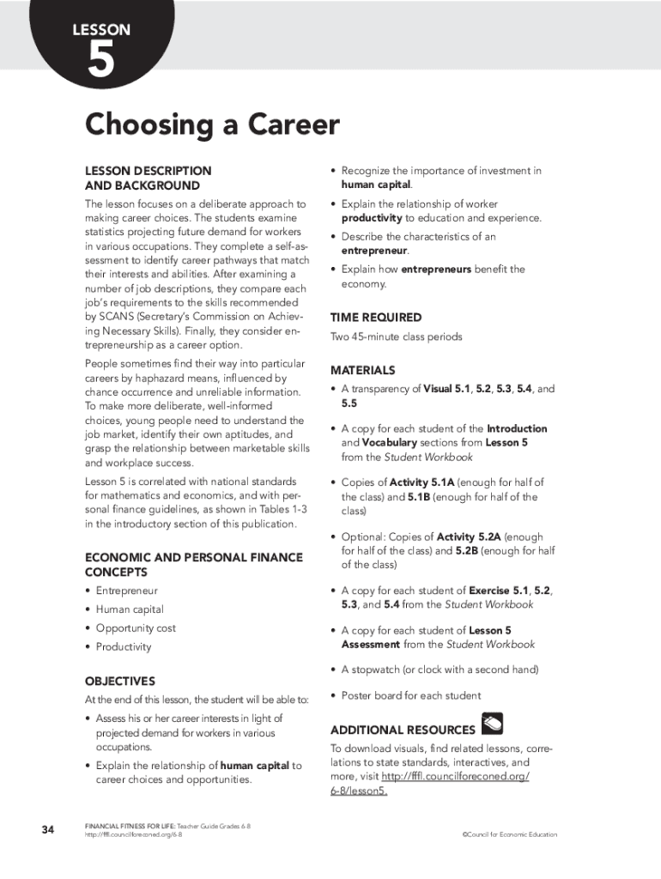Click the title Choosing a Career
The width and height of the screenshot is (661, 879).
click(212, 125)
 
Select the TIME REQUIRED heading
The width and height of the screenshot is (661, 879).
click(376, 318)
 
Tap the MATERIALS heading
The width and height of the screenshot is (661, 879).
click(363, 370)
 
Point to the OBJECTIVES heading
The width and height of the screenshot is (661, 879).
click(119, 681)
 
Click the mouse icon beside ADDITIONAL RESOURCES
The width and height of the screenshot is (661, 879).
click(493, 724)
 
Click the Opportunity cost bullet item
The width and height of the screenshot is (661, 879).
click(136, 628)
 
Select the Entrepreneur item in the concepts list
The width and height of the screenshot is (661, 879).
click(126, 591)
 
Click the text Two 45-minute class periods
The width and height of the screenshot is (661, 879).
click(397, 337)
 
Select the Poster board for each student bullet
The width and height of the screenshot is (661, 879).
click(410, 695)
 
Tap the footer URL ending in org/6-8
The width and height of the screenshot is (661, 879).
click(133, 834)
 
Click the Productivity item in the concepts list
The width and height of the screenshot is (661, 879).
click(124, 647)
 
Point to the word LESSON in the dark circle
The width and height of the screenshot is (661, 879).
click(101, 30)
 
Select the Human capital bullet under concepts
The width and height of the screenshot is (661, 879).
click(130, 609)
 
